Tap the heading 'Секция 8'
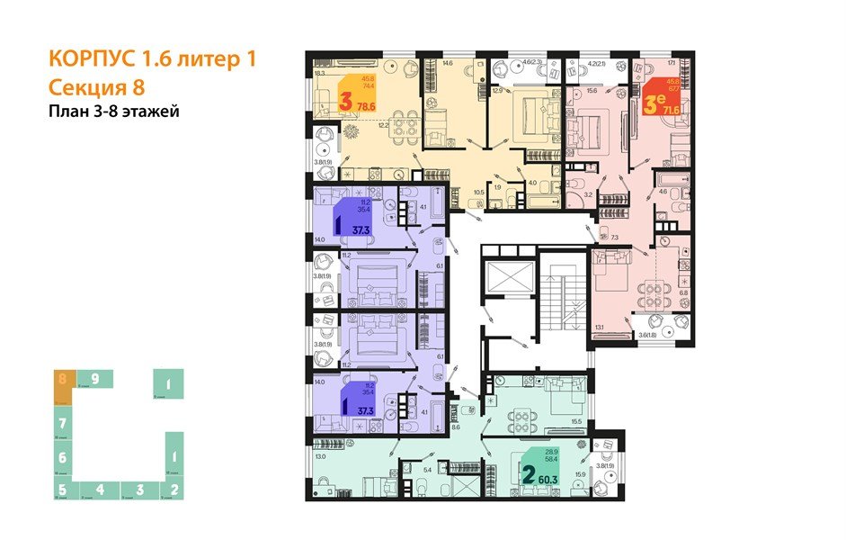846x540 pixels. [x=94, y=87]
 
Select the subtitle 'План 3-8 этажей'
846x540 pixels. [x=112, y=112]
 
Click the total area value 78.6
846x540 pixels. [x=367, y=106]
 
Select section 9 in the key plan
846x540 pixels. [x=94, y=379]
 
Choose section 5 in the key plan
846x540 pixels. [x=62, y=490]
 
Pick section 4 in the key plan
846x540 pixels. [x=102, y=490]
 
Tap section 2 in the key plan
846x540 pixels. [x=174, y=490]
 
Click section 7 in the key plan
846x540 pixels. [x=62, y=421]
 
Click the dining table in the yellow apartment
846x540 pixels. [x=404, y=125]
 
